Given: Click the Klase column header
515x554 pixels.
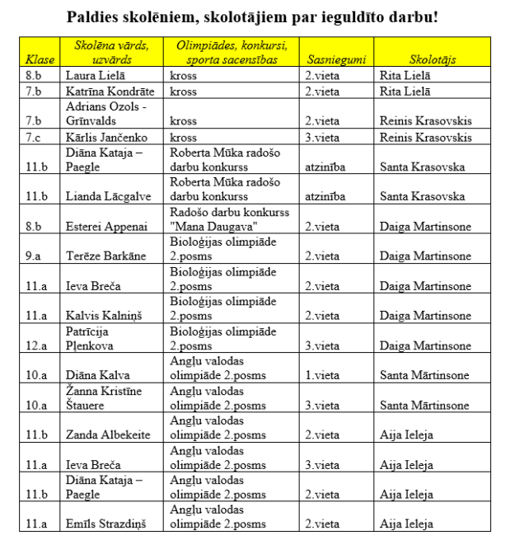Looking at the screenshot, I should click(x=40, y=60).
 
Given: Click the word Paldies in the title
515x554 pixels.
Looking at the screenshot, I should click(x=98, y=16).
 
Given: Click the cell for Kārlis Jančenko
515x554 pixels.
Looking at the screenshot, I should click(x=101, y=137).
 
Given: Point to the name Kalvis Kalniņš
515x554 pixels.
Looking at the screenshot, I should click(x=101, y=316).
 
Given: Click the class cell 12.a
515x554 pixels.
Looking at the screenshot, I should click(x=36, y=345).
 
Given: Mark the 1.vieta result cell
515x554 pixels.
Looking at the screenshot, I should click(x=321, y=375).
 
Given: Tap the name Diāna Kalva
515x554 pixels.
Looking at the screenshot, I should click(x=96, y=375).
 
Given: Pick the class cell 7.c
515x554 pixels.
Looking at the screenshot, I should click(x=34, y=137).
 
